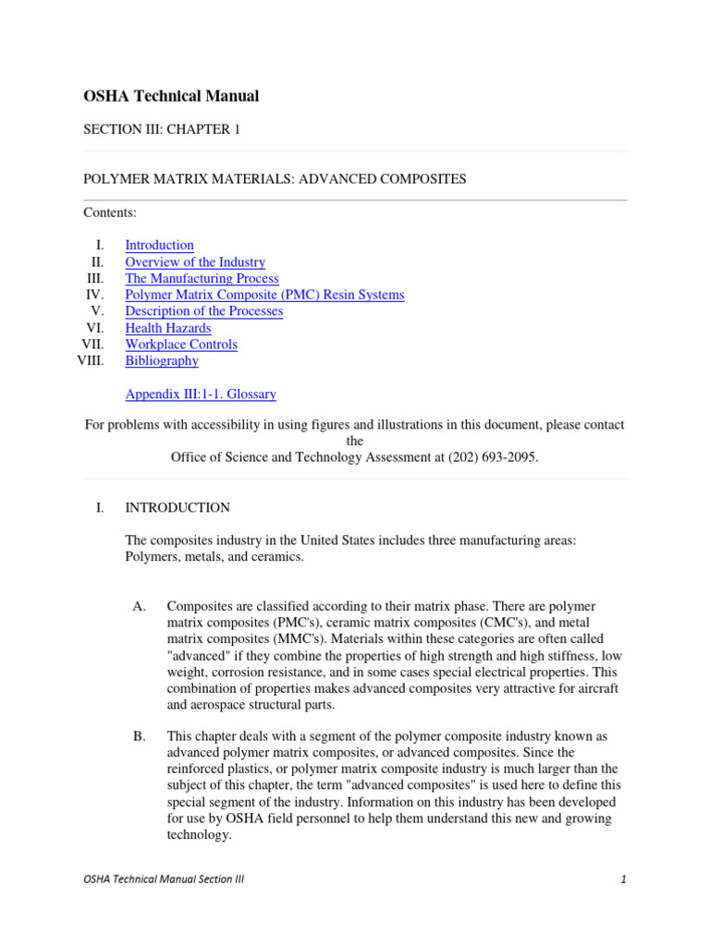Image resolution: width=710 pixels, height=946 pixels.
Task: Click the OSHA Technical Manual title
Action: coord(171,96)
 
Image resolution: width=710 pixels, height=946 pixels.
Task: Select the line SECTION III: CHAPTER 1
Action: coord(162,129)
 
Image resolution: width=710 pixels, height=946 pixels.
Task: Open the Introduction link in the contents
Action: coord(159,245)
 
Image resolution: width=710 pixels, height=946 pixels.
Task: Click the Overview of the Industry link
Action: coord(195,262)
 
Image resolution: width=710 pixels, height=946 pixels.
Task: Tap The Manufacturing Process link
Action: coord(202,278)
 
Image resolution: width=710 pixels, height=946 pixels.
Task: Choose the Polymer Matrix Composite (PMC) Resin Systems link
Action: coord(264,295)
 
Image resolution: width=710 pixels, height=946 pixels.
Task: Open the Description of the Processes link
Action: coord(203,311)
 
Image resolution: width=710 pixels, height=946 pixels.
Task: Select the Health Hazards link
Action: coord(167,328)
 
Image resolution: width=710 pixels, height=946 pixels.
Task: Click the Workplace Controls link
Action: coord(181,345)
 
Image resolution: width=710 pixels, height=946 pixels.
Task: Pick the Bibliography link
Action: coord(162,361)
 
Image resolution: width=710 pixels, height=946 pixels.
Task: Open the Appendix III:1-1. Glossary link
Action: coord(200,394)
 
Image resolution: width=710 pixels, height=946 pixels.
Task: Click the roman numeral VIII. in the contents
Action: coord(91,361)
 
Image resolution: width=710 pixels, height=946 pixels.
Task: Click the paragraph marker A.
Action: coord(140,607)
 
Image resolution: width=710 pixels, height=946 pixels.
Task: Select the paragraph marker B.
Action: coord(140,736)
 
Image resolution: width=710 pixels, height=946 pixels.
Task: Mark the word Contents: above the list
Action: coord(110,212)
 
